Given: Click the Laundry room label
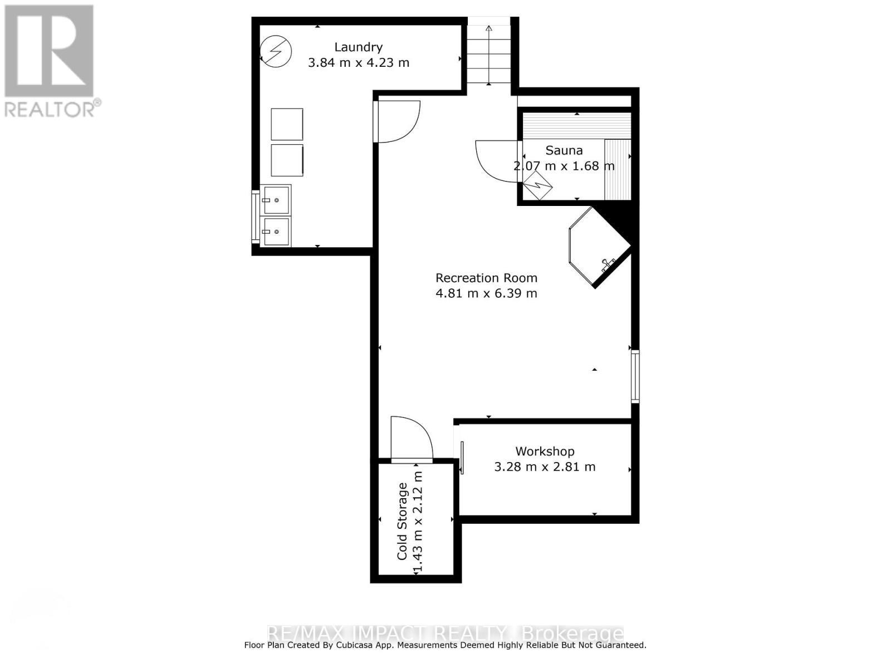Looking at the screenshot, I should [x=358, y=47].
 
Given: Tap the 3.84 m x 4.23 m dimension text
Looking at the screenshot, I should [x=359, y=62].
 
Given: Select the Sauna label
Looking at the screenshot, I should [x=564, y=150].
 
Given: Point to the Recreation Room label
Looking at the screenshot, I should [x=486, y=278].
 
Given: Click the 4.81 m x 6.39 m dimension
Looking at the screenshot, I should [x=486, y=293].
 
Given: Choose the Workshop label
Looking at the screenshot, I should [x=545, y=451].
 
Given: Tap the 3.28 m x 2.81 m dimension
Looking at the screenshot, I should [x=545, y=466].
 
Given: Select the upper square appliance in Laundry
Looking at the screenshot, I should [x=287, y=124].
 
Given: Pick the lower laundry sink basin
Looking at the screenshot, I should [x=276, y=231].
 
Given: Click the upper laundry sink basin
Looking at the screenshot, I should [x=276, y=200].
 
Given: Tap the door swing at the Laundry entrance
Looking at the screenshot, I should [x=396, y=121].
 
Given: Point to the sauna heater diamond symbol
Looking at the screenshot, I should [x=538, y=185].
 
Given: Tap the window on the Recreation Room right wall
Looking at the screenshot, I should [x=635, y=376].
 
